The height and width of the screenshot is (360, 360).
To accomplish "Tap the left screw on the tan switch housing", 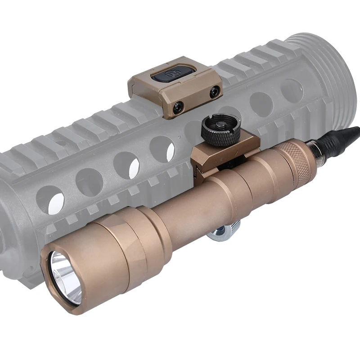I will (x=179, y=107).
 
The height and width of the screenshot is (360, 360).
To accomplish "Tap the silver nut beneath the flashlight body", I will (x=224, y=233).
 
